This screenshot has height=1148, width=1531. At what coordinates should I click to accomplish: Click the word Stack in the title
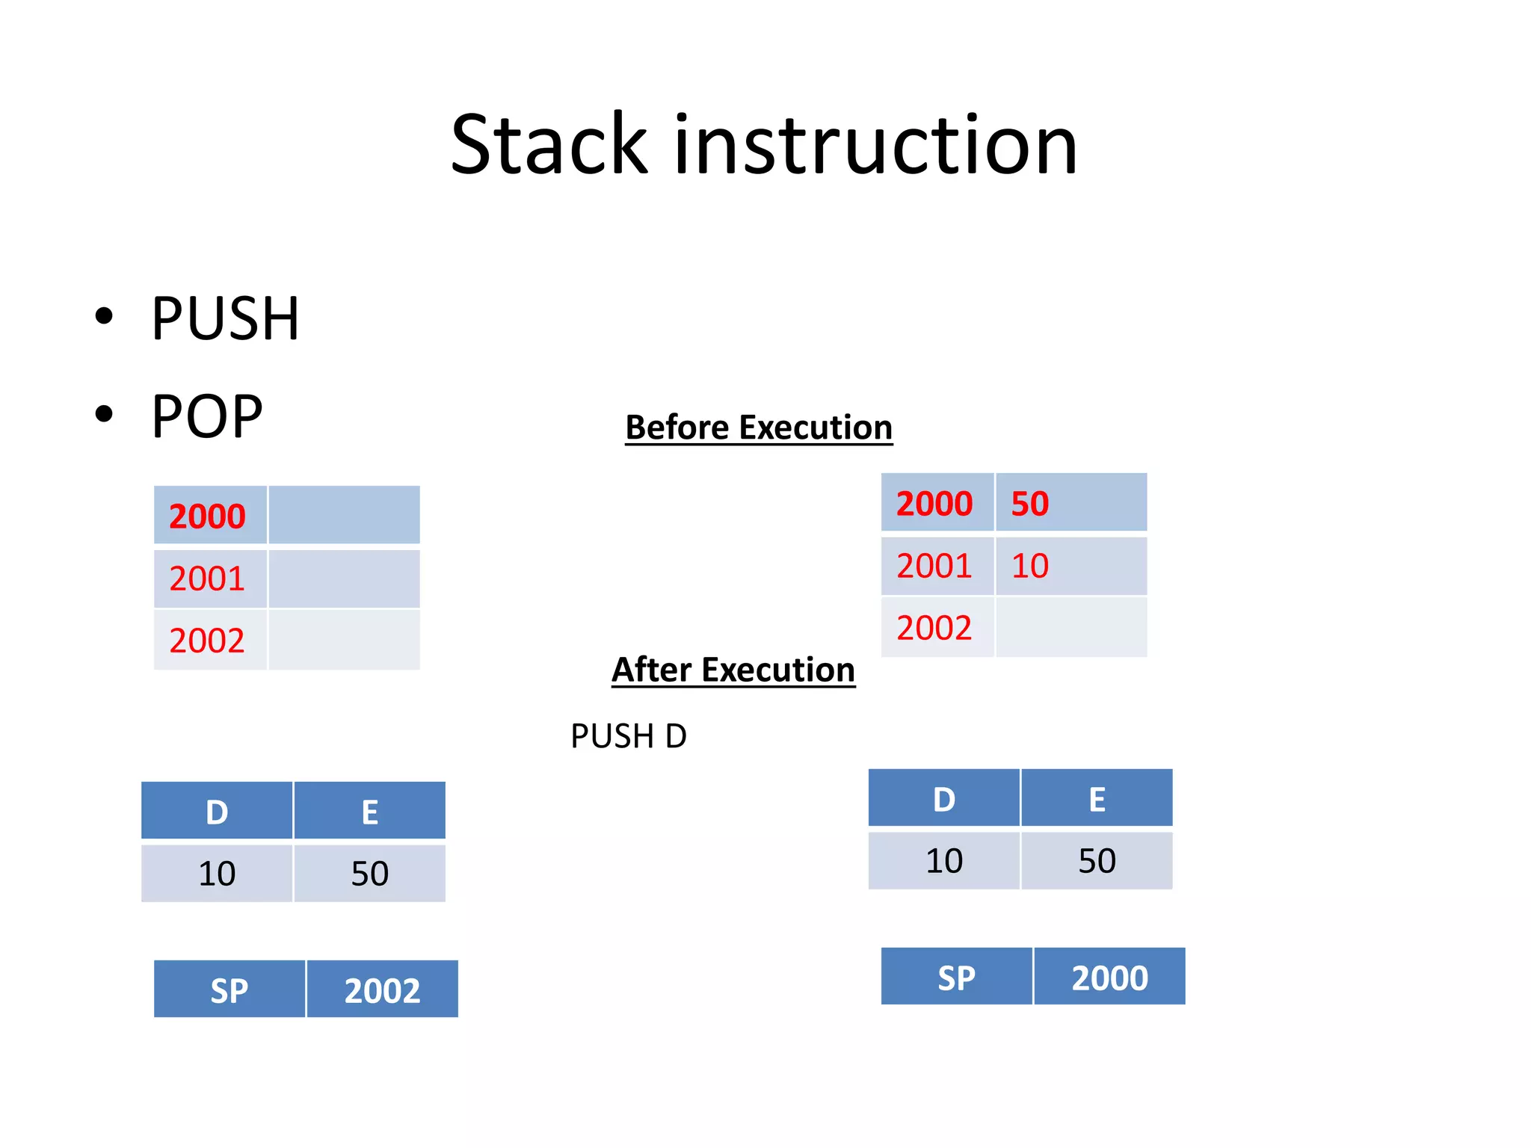(x=549, y=145)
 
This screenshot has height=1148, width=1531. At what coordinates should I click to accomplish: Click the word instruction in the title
(x=875, y=145)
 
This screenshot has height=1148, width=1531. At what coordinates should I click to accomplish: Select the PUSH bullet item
(x=225, y=319)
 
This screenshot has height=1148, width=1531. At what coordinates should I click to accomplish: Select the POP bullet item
(x=207, y=417)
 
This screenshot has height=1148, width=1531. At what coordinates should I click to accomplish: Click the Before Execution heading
(x=759, y=428)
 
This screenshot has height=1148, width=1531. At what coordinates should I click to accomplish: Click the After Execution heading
(x=733, y=670)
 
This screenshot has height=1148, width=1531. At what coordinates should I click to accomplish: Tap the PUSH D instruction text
(x=628, y=737)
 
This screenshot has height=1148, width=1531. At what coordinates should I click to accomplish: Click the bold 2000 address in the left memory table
(x=207, y=516)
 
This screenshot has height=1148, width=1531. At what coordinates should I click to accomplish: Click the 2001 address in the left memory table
(x=207, y=579)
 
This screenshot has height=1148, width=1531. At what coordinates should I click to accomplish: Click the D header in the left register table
(x=217, y=812)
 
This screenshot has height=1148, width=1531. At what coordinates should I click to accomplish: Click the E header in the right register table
(x=1097, y=800)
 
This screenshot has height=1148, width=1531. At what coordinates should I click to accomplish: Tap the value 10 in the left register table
(x=217, y=874)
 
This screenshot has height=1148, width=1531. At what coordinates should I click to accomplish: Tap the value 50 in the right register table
(x=1097, y=861)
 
